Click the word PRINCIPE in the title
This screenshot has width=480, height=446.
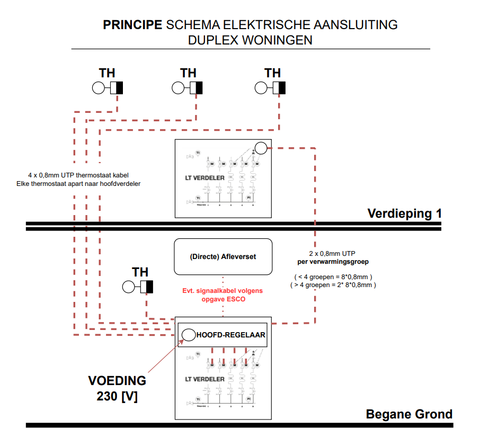[x=132, y=25]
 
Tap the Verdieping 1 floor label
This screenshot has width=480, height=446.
[x=404, y=213]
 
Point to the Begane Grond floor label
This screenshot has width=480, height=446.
[x=409, y=414]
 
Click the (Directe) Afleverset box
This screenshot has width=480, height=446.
[x=223, y=256]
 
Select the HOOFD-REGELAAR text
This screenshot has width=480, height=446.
[x=231, y=335]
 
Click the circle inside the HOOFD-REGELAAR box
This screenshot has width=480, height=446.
[x=189, y=335]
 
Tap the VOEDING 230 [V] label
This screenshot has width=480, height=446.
[x=117, y=388]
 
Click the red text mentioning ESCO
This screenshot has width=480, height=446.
[x=223, y=295]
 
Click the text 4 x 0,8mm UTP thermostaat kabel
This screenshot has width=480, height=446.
[x=78, y=175]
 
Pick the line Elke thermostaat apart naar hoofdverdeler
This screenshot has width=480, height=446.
[x=78, y=184]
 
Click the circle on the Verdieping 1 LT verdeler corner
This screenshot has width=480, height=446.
[x=261, y=148]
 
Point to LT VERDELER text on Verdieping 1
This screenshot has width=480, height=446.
[x=205, y=179]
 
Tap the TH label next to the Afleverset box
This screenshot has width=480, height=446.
[x=140, y=272]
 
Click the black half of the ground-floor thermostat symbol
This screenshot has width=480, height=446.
[x=150, y=287]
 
